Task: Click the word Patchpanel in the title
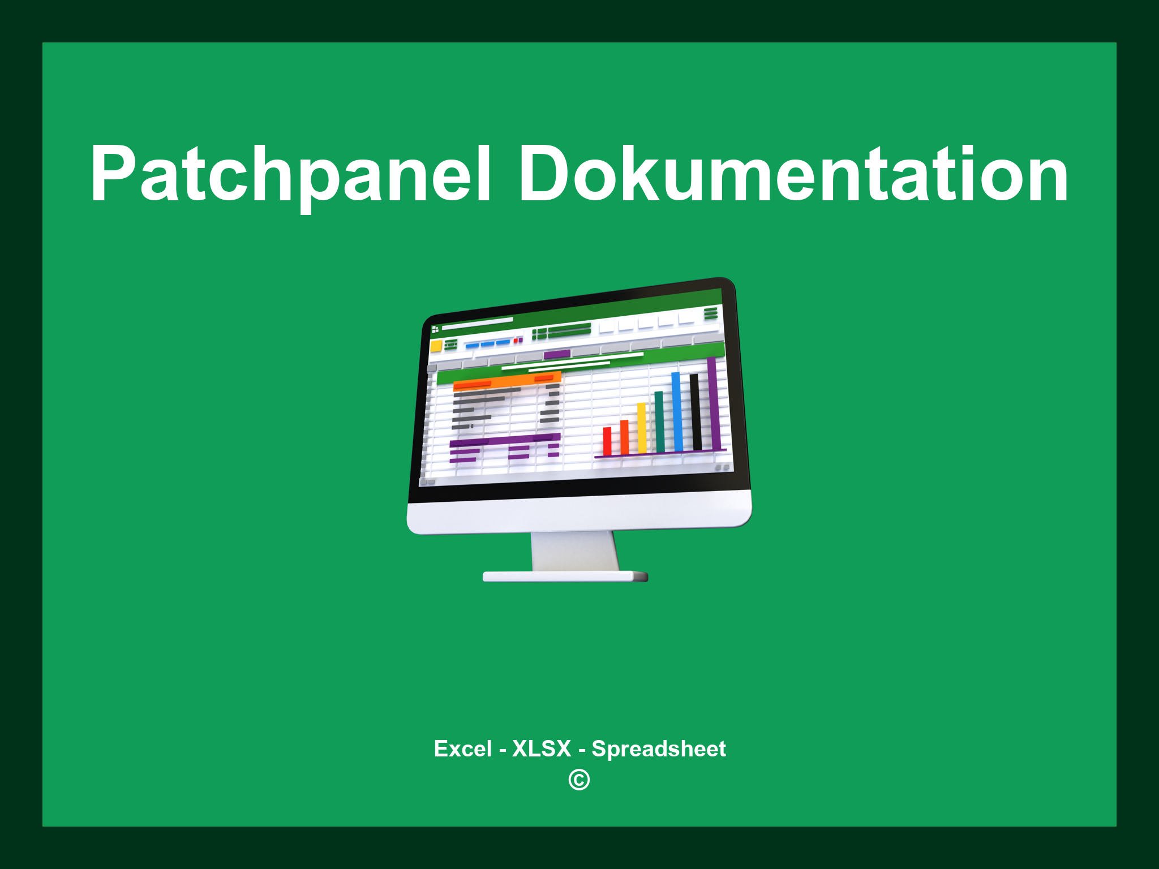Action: click(290, 174)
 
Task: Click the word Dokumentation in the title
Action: click(793, 174)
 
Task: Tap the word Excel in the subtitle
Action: click(462, 748)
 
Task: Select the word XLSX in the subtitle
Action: click(542, 748)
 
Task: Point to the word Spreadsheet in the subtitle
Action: click(658, 748)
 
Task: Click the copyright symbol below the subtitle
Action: click(579, 780)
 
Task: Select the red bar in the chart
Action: click(607, 441)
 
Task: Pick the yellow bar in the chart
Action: click(642, 428)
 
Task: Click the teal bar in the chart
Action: click(659, 421)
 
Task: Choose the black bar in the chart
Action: click(696, 411)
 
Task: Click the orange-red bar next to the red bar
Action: click(624, 437)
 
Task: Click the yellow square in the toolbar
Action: click(436, 346)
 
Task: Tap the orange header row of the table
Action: click(506, 381)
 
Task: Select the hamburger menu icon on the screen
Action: click(710, 313)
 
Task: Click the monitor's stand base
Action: click(565, 577)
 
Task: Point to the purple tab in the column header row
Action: click(557, 355)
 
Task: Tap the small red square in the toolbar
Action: click(516, 341)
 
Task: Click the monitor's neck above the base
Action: click(574, 551)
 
